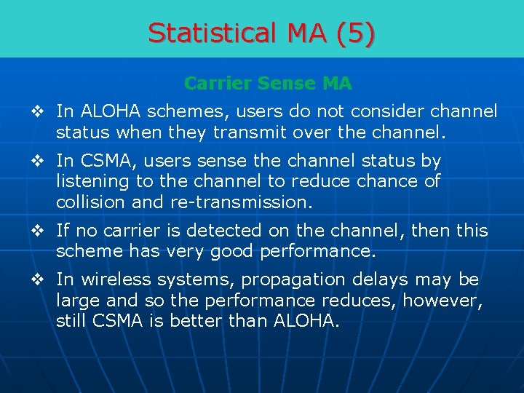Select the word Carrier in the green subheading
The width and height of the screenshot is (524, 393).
[214, 84]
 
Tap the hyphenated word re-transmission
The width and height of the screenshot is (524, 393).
[248, 202]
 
